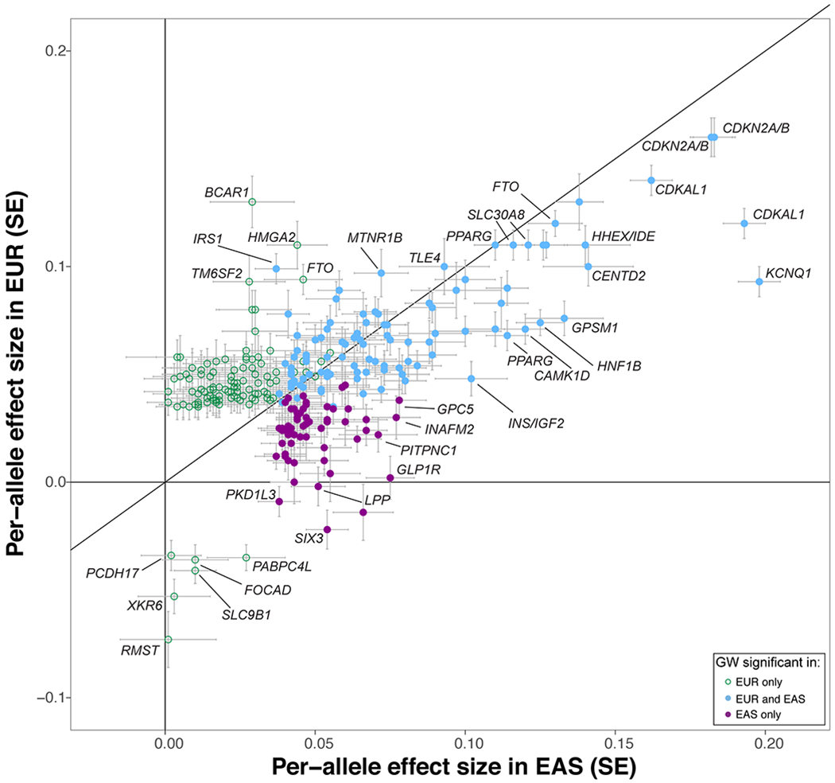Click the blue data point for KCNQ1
(759, 282)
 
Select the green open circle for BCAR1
(252, 202)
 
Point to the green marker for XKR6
(174, 597)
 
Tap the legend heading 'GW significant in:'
(759, 662)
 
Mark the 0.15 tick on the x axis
(616, 749)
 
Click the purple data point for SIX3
(327, 530)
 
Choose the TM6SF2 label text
(215, 271)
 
